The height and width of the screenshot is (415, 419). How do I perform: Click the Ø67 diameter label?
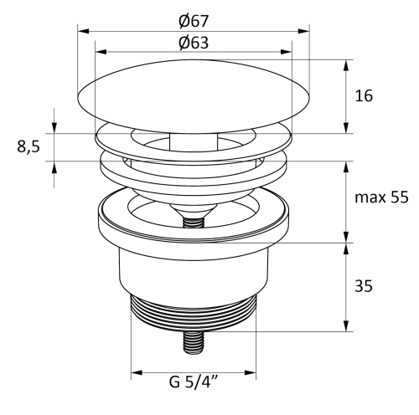tap(194, 21)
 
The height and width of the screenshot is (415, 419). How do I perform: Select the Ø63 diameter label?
tap(194, 43)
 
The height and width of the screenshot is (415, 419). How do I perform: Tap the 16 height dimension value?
tap(364, 95)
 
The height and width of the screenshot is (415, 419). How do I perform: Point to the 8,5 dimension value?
tap(28, 146)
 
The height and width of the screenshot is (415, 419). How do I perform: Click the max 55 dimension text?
tap(381, 197)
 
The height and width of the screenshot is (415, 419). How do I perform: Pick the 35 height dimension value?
tap(364, 286)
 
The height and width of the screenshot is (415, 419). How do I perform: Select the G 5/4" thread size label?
tap(194, 382)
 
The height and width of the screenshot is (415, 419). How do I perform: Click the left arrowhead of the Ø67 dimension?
tap(83, 31)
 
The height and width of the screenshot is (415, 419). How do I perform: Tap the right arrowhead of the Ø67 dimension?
tap(303, 31)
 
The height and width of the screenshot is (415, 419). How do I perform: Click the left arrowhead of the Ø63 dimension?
tap(101, 52)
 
